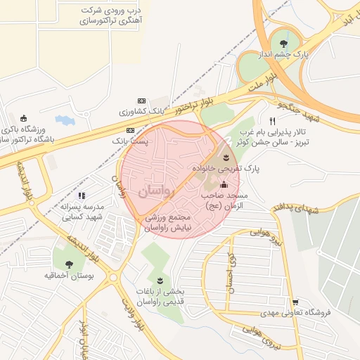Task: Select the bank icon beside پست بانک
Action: point(130,130)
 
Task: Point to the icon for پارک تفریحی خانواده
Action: point(226,156)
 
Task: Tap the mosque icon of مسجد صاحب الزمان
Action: point(224,184)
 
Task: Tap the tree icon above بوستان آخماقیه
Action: point(68,264)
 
